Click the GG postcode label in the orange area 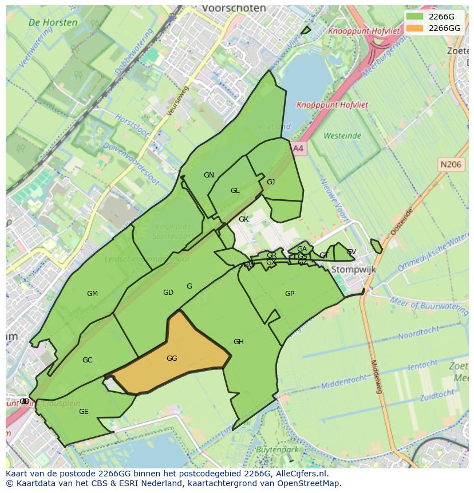[172, 358]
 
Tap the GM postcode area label [92, 294]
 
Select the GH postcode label [239, 342]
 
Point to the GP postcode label [290, 294]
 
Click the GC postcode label [87, 360]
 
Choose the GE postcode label [84, 412]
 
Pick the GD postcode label [168, 293]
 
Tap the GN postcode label [209, 175]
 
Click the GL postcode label [235, 191]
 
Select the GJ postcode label [271, 182]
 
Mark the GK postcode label [244, 219]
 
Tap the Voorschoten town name [234, 9]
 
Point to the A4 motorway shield [298, 148]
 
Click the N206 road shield [451, 164]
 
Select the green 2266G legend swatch [414, 17]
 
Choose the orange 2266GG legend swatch [414, 28]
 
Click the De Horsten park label [53, 23]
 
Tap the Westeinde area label [342, 136]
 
